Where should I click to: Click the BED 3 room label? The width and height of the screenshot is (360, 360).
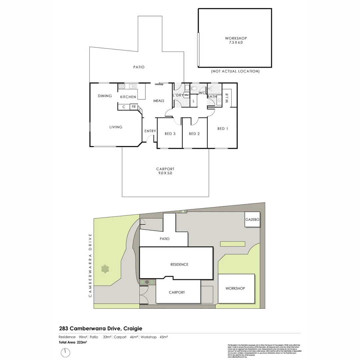(170, 134)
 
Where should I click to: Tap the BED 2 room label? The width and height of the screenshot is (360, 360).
(194, 134)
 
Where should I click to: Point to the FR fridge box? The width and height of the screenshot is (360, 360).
(133, 107)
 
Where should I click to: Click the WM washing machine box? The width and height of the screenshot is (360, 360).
(186, 95)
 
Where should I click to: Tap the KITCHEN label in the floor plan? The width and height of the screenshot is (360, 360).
(128, 97)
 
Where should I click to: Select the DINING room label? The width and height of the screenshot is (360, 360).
(105, 96)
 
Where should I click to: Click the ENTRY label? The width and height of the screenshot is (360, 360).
(150, 131)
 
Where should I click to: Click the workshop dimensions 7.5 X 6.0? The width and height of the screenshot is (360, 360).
(236, 43)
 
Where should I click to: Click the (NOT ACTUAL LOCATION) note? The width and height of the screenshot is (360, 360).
(235, 71)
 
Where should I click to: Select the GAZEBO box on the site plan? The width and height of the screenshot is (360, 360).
(252, 220)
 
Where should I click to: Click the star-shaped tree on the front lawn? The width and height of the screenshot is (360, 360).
(106, 269)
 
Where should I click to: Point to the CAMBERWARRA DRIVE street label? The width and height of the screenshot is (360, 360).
(90, 265)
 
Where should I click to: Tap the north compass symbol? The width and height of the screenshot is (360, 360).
(66, 352)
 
